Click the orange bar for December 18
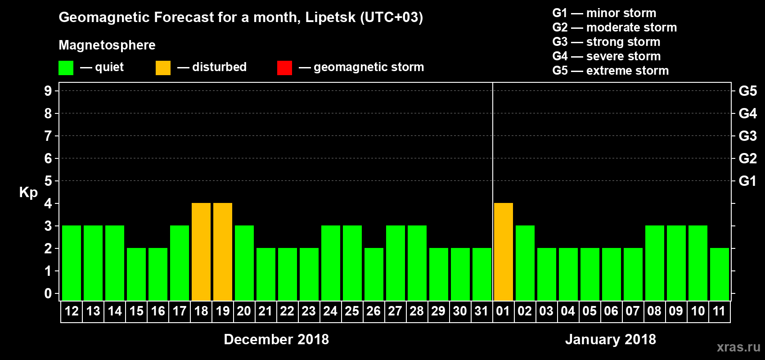coord(201,252)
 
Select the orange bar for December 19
coord(223,252)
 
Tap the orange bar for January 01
coord(504,252)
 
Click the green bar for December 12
coord(72,263)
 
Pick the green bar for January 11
coord(720,274)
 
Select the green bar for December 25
coord(352,263)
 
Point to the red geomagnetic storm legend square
coord(284,68)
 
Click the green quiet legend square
coord(66,68)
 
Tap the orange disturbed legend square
coord(163,68)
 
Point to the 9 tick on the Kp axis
coord(48,91)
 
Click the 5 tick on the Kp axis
coord(48,181)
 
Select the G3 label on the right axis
coord(747,136)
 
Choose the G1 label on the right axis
coord(747,181)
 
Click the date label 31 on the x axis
coord(481,311)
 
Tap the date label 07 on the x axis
coord(633,311)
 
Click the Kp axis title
coord(28,193)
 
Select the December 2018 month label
coord(276,339)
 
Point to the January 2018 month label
coord(611,339)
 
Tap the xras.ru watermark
coord(738,347)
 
